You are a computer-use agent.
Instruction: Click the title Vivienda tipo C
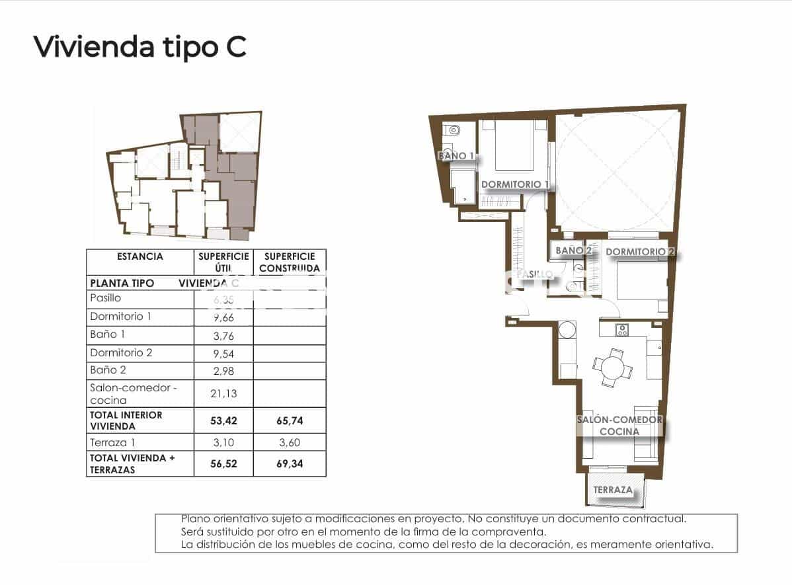click(x=139, y=46)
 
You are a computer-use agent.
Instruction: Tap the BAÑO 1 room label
click(x=455, y=156)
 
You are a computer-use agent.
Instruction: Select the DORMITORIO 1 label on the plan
click(x=515, y=184)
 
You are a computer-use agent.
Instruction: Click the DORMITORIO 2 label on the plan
click(x=640, y=252)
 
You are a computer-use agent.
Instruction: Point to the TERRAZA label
click(x=613, y=490)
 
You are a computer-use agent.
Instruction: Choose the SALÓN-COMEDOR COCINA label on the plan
click(x=619, y=426)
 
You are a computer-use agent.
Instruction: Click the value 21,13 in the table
click(x=223, y=393)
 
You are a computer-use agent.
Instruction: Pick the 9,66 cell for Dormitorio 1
click(x=223, y=317)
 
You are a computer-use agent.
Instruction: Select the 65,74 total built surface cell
click(x=290, y=420)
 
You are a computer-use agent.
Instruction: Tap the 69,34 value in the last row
click(x=290, y=464)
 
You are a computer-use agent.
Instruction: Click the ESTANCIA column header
click(x=139, y=256)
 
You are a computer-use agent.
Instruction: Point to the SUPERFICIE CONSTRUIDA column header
click(x=290, y=262)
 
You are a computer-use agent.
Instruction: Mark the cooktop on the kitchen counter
click(x=621, y=329)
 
